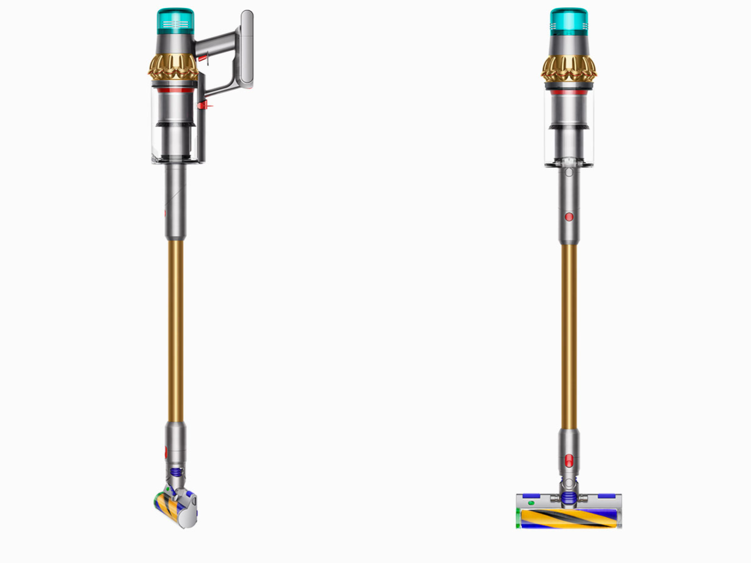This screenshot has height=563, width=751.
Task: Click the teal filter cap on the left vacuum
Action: point(175,21)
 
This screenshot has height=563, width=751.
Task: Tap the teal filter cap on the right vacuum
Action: point(568,21)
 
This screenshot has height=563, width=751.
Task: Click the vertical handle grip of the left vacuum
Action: point(247,49)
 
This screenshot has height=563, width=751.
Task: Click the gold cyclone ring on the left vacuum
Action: point(173,68)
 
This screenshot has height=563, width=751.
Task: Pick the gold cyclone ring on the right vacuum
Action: point(568,68)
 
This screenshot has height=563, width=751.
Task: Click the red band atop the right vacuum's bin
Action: point(568,91)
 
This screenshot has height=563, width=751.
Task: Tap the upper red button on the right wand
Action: point(569,217)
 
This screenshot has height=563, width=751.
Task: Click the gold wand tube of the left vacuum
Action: point(175,330)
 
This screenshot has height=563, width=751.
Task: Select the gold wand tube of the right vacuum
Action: point(569,336)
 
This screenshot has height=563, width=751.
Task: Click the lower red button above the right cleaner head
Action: point(569,460)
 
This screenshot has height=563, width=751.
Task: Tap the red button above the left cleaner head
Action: point(165,452)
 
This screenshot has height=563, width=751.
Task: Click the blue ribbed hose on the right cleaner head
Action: point(569,497)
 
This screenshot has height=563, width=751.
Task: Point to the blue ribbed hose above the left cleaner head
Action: point(175,472)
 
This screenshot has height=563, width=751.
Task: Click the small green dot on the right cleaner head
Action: point(531,503)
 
